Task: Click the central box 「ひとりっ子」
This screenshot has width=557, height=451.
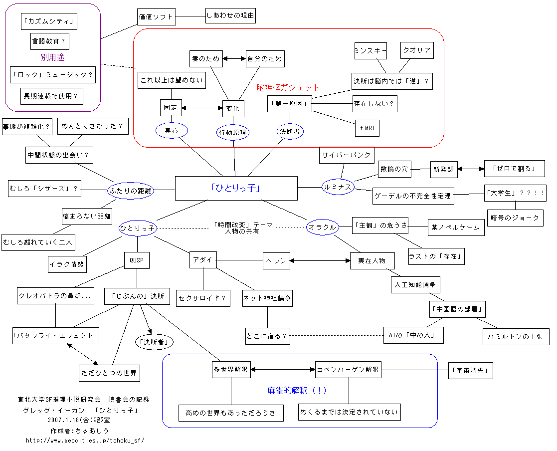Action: pos(236,188)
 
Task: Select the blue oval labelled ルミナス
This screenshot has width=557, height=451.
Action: pos(338,187)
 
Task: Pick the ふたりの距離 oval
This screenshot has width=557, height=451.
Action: pos(131,190)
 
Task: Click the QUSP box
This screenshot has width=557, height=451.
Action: pos(137,260)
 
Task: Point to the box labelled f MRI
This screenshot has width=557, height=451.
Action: pos(367,128)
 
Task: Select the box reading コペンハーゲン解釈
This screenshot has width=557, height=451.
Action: pos(348,370)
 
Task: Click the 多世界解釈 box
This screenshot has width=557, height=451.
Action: pos(230,370)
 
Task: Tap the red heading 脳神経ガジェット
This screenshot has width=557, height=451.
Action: pos(288,88)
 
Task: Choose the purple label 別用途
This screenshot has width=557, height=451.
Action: pos(52,57)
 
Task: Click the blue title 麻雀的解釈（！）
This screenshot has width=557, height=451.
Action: pos(297,391)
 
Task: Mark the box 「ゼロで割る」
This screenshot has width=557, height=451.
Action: pos(514,169)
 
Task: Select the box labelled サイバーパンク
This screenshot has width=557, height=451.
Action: pos(347,155)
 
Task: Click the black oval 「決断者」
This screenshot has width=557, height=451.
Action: pos(155,342)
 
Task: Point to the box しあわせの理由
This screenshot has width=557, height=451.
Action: pos(230,16)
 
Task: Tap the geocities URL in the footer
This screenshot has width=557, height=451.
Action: pos(85,441)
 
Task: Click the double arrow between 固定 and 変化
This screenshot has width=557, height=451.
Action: pos(202,107)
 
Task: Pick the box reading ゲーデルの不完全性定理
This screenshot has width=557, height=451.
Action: pos(413,196)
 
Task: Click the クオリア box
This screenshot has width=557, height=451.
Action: pos(416,50)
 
